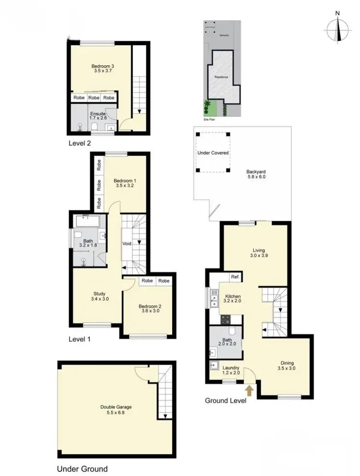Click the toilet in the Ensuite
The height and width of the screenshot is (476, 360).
(95, 127)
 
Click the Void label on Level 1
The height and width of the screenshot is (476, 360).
(127, 244)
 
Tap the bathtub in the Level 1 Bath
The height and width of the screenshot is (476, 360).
(88, 222)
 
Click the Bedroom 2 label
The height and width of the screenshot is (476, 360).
(148, 307)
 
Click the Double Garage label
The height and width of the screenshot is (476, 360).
(116, 410)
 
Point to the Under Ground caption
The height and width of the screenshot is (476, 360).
(82, 469)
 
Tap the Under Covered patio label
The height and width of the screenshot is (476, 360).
(213, 153)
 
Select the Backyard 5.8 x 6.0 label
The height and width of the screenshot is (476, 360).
(256, 174)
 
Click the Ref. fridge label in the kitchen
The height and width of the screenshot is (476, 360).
(235, 277)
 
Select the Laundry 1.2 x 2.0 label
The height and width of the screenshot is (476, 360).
(231, 370)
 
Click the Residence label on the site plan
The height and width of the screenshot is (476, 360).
(221, 77)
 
